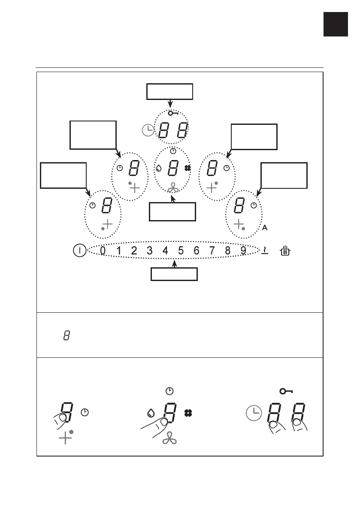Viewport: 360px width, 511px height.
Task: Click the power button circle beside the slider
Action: [x=80, y=251]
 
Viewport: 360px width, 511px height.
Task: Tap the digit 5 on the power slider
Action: [x=181, y=251]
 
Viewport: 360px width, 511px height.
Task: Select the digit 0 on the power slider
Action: [x=103, y=251]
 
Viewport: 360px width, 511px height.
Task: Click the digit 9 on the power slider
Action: [x=243, y=251]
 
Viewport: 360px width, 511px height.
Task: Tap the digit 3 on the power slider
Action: [x=150, y=251]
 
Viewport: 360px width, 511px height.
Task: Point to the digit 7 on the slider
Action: [x=212, y=251]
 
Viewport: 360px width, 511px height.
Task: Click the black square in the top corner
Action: [x=336, y=24]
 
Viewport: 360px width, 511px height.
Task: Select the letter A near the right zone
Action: [x=265, y=228]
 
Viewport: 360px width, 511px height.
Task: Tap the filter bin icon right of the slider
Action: [x=285, y=251]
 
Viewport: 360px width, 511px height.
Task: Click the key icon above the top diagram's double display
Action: [x=173, y=113]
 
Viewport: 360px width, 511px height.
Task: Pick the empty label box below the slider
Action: [x=174, y=274]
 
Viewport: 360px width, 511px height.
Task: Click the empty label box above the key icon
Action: [x=170, y=91]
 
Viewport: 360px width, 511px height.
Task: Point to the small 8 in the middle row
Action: [x=67, y=336]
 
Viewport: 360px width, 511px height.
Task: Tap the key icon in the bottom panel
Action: [x=286, y=391]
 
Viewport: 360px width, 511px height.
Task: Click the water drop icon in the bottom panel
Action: [x=151, y=413]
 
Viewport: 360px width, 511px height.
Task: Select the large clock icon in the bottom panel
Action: [x=254, y=413]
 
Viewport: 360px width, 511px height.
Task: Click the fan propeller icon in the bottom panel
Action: [x=169, y=439]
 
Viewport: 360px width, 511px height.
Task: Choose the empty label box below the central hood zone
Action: [x=172, y=212]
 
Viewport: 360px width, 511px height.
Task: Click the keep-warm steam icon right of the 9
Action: [x=265, y=251]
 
